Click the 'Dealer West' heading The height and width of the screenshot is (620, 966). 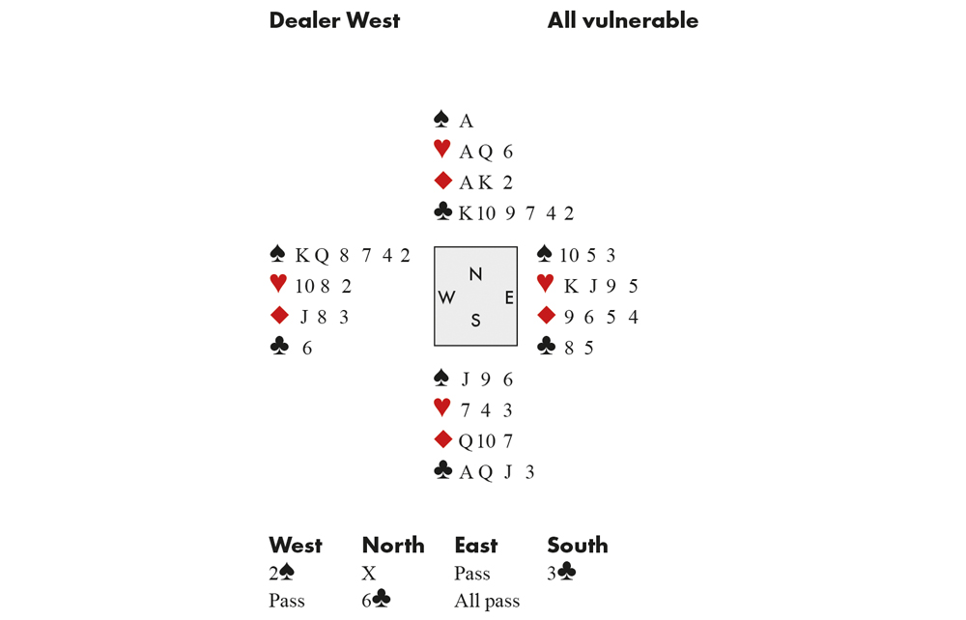click(x=334, y=20)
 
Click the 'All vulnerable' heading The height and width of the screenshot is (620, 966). click(x=623, y=20)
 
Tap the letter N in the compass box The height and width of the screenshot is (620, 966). click(x=475, y=274)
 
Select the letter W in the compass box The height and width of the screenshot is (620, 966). click(x=446, y=297)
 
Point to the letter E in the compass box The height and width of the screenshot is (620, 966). click(x=509, y=298)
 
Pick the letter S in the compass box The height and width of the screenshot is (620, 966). click(x=475, y=321)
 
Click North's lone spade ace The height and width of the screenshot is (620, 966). click(x=467, y=121)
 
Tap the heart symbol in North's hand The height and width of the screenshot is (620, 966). click(x=441, y=149)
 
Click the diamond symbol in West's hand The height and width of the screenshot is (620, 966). click(x=279, y=315)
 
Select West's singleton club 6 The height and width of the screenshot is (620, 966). click(x=307, y=349)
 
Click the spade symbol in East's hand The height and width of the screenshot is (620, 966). click(x=545, y=253)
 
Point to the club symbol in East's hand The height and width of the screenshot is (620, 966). click(x=547, y=346)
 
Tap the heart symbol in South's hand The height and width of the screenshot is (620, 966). click(x=441, y=407)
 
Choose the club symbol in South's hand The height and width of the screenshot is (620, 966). click(x=443, y=470)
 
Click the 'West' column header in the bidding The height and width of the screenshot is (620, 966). click(x=296, y=545)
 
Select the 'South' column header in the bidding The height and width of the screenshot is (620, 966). click(x=578, y=545)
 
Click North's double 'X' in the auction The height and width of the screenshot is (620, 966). click(x=368, y=574)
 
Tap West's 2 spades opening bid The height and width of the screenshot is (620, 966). click(x=281, y=574)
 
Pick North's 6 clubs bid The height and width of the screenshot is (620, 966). click(x=376, y=599)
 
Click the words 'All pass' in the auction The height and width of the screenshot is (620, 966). click(x=487, y=601)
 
